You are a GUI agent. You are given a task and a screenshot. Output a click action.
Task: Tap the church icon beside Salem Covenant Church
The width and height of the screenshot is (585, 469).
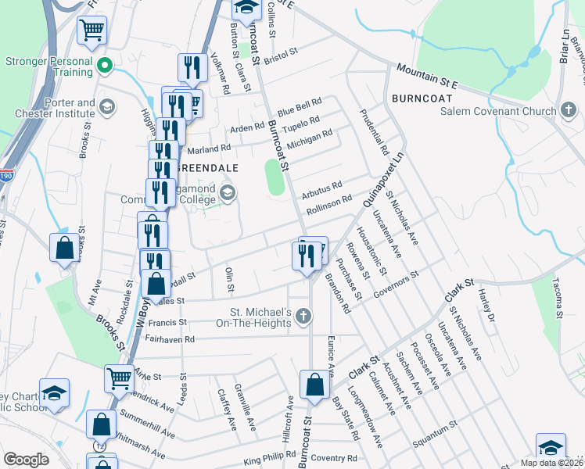(569, 111)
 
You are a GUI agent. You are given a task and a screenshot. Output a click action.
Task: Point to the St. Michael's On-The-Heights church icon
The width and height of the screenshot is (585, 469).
(304, 317)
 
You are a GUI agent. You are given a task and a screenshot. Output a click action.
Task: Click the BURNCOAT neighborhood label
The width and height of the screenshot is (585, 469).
(421, 99)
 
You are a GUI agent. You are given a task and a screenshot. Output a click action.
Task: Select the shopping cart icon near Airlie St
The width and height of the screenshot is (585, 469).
(119, 378)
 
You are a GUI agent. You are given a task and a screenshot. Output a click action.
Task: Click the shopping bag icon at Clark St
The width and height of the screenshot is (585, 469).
(314, 385)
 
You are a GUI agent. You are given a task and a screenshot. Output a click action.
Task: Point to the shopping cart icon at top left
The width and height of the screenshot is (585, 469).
(92, 31)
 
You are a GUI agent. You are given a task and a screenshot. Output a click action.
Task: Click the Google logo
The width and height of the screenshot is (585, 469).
(26, 459)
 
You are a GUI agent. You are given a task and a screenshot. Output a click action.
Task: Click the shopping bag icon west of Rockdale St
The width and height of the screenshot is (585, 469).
(64, 248)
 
